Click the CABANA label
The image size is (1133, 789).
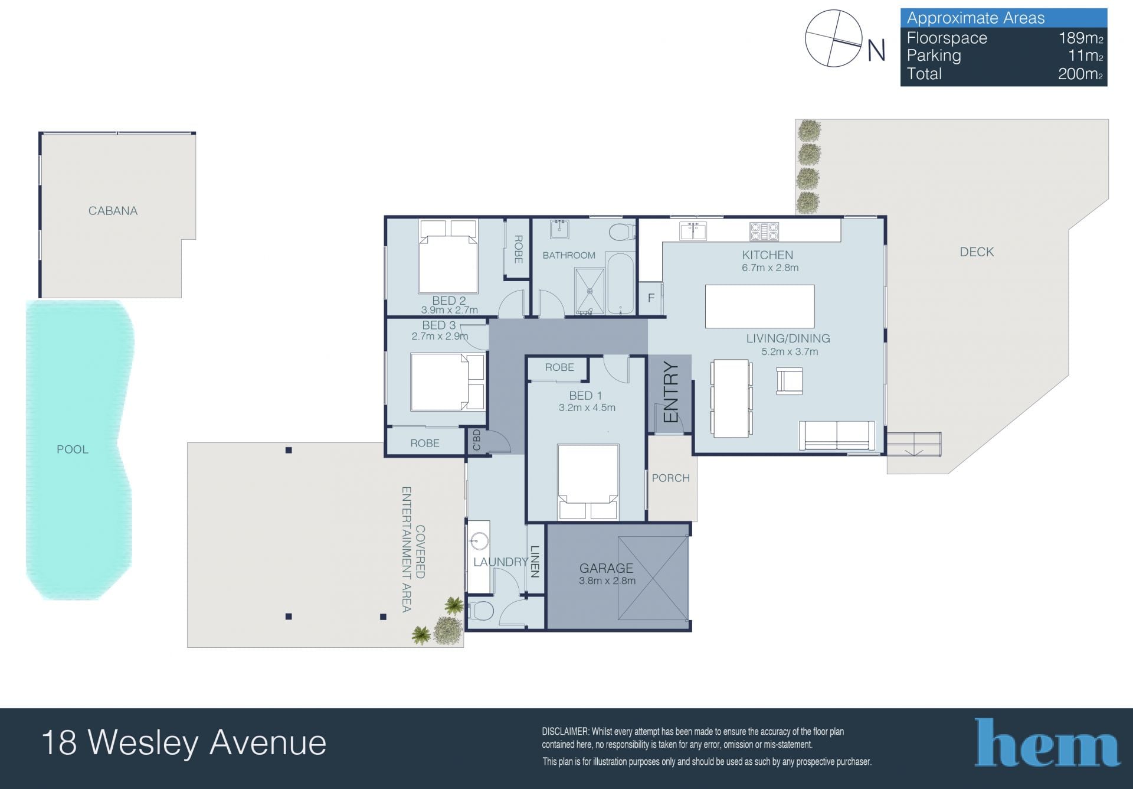point(113,211)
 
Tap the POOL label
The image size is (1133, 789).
point(73,449)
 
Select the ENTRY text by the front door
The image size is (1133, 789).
point(671,392)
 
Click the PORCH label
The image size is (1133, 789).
point(670,478)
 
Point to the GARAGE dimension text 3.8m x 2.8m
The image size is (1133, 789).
point(607,581)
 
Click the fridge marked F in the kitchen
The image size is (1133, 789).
point(651,298)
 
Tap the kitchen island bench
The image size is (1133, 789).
point(760,307)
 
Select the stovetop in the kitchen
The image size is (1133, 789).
point(764,232)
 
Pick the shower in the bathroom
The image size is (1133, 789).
point(590,291)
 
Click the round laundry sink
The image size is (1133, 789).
point(479,540)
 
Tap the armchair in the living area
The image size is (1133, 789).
point(789,380)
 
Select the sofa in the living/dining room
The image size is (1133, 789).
point(837,436)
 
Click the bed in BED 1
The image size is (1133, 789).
point(588,482)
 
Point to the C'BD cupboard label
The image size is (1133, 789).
point(477,440)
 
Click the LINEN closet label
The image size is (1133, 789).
point(535,561)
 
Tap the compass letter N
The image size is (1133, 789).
point(876,50)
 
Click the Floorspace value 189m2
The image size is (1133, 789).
point(1080,38)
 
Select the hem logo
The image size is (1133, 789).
point(1047,742)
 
